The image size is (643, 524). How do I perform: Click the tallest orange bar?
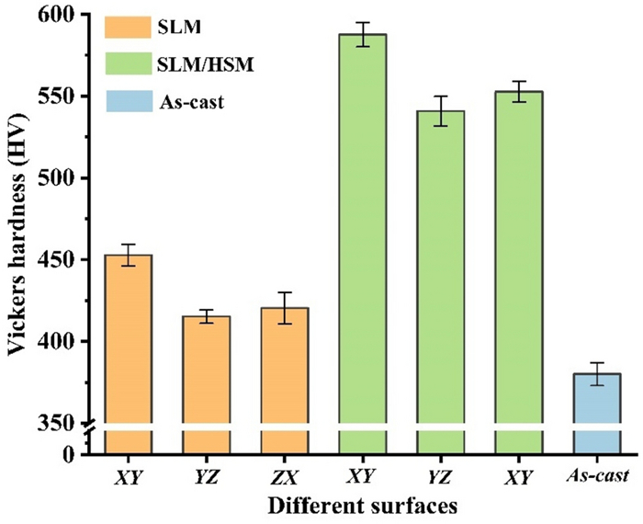[127, 340]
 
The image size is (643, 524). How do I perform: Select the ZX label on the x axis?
[283, 475]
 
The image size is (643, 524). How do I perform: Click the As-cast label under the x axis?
[596, 475]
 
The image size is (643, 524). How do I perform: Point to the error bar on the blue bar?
[596, 373]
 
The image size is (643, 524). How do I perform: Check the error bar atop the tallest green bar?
[361, 34]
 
